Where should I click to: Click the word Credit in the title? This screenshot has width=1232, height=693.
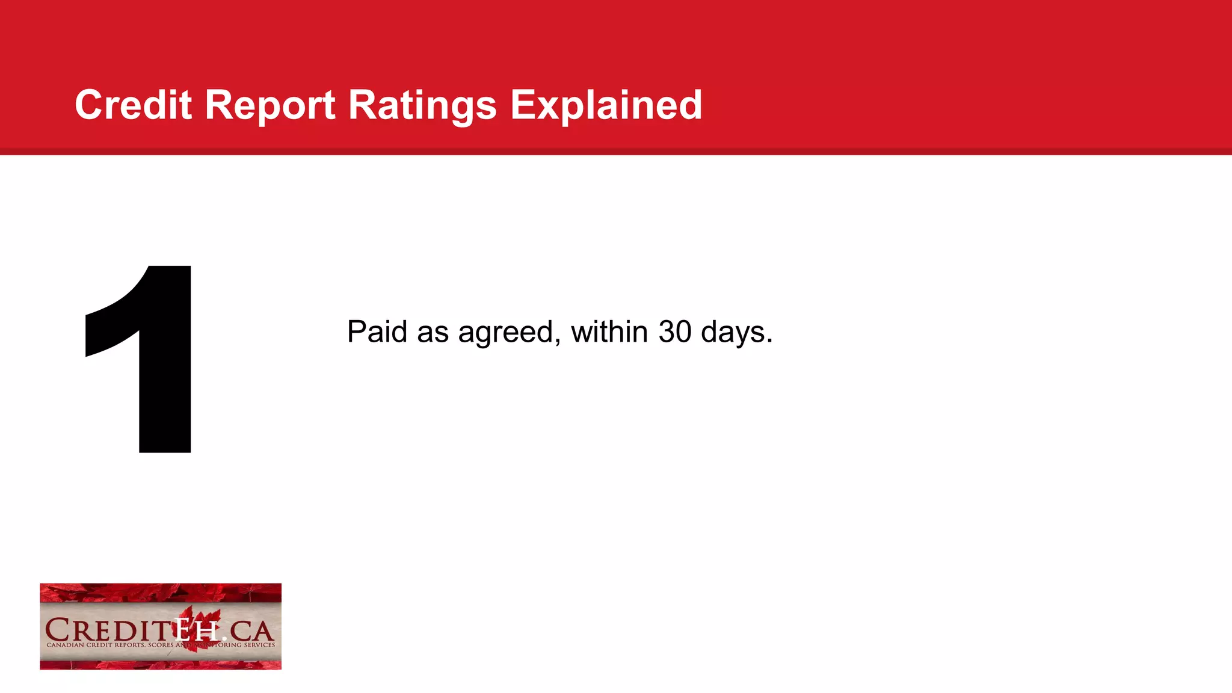click(133, 105)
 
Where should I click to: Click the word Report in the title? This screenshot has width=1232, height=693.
click(269, 105)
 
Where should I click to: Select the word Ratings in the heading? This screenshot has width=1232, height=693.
click(422, 105)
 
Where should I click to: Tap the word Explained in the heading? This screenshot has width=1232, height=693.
click(606, 105)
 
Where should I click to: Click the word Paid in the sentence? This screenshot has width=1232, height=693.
click(377, 331)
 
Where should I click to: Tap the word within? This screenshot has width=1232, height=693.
click(609, 331)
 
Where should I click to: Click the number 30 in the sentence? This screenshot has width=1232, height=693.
click(674, 331)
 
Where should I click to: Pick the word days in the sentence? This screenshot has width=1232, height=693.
click(736, 333)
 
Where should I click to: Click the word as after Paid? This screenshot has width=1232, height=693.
click(433, 333)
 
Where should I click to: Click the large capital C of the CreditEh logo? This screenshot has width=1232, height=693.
click(59, 630)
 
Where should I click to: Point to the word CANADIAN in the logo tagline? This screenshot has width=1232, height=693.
click(66, 645)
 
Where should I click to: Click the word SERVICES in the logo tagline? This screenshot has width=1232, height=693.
click(259, 645)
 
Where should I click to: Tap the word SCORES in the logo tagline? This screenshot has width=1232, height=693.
click(161, 645)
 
